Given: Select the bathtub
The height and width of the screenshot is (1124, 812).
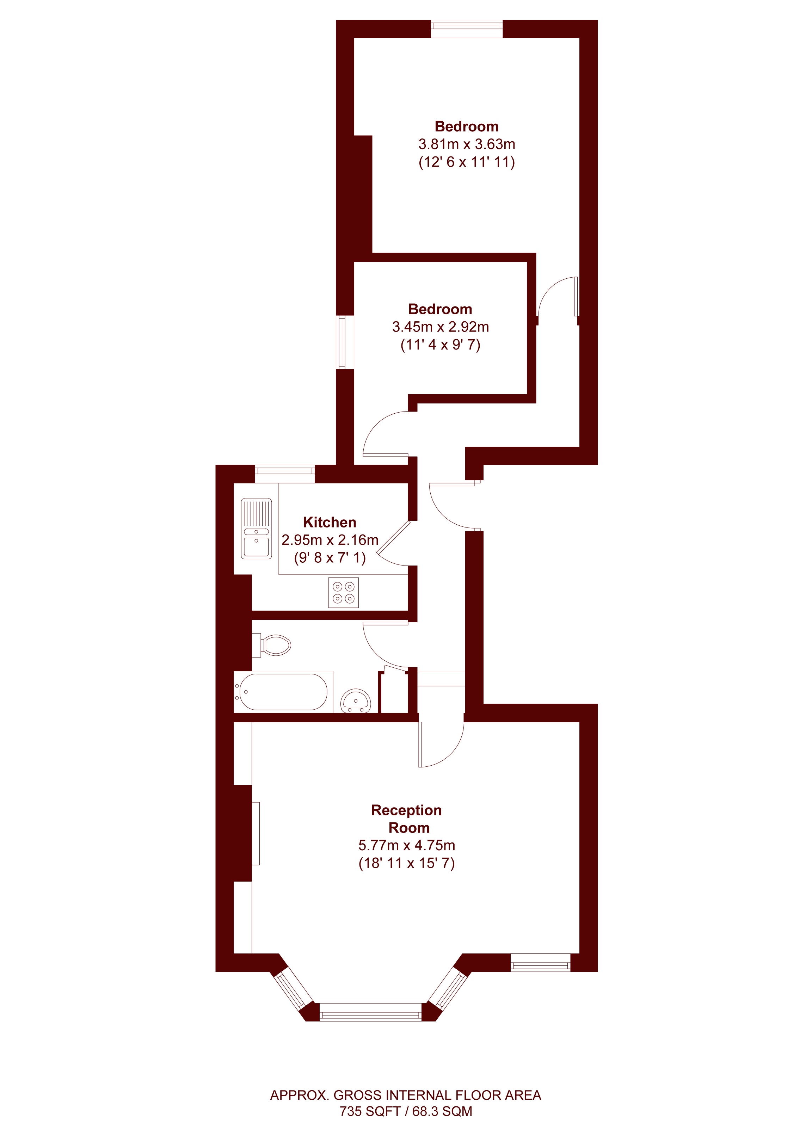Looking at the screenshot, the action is coord(283,692).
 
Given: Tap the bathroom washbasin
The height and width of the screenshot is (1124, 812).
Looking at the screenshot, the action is coord(356,701).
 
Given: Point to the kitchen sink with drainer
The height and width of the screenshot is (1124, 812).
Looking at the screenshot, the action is coord(256,529).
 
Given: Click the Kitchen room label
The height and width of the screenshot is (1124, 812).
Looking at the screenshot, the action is coord(330,522).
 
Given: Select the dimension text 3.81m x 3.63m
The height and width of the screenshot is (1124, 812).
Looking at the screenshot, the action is coord(467,144).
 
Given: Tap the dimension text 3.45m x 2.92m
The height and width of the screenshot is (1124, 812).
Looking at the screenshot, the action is coord(440,327).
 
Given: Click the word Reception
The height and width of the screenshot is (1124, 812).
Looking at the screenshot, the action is coord(406,810).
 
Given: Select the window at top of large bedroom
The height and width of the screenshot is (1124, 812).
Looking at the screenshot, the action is coord(467,29).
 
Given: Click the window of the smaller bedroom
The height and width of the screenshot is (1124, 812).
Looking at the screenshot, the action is coord(345,342).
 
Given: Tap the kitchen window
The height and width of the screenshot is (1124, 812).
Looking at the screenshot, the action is coord(284,474).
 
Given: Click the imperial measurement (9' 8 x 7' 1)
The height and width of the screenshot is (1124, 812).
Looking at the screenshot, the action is coord(330,558).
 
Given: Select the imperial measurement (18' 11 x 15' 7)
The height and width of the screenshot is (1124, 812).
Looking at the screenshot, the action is coord(406,863).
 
